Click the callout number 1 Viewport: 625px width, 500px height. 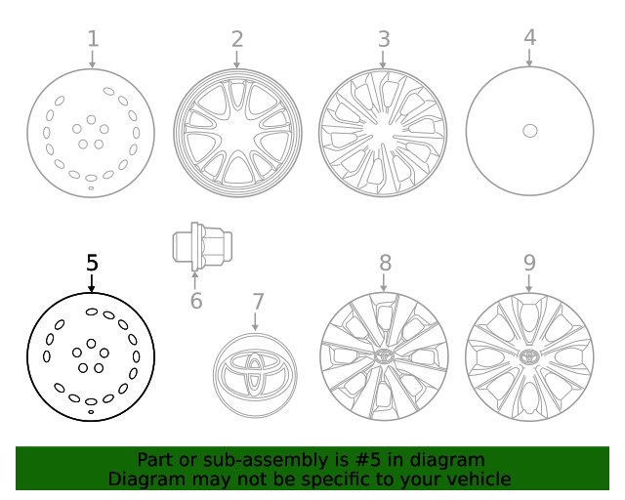click(x=93, y=39)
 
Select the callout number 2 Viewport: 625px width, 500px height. click(x=236, y=39)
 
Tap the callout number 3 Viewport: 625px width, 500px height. click(x=384, y=39)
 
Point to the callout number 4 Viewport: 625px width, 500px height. click(x=529, y=38)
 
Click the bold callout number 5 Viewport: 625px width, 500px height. click(x=92, y=263)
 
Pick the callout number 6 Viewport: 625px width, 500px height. click(x=196, y=301)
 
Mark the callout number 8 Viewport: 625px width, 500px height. click(x=385, y=263)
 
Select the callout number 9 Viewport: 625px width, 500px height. click(x=529, y=263)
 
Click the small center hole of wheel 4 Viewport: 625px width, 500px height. click(x=529, y=131)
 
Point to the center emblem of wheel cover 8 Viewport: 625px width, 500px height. click(x=383, y=356)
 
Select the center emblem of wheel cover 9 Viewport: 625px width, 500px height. click(x=529, y=356)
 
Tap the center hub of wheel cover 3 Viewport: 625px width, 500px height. click(x=383, y=131)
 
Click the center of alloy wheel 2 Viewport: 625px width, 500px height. click(x=237, y=131)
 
